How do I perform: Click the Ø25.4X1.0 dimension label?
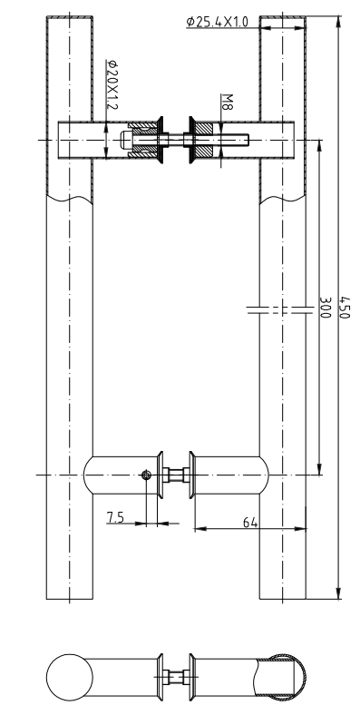click(218, 22)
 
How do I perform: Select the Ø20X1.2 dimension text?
click(112, 84)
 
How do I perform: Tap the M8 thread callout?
click(227, 102)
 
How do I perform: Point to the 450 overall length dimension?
click(345, 308)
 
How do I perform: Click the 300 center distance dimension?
click(325, 308)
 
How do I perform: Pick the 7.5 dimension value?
click(115, 517)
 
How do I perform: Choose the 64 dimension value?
click(249, 523)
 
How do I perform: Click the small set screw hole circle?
click(146, 475)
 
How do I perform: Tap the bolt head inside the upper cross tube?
click(125, 140)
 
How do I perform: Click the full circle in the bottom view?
click(70, 678)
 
